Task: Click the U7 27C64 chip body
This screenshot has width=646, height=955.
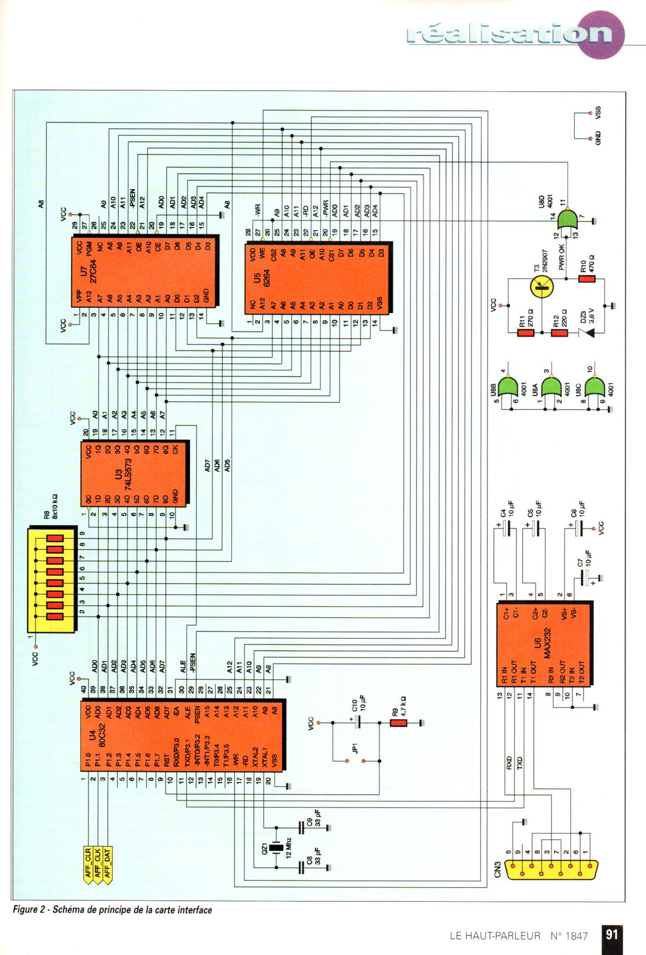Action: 145,271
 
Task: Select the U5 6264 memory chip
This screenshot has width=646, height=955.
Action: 319,277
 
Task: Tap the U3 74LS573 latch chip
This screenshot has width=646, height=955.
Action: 135,473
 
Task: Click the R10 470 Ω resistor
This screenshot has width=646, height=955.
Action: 586,279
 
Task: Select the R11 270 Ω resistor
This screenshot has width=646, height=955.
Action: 525,333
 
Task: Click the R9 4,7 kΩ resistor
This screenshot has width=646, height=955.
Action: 398,722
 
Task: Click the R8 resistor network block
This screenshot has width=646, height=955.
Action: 52,580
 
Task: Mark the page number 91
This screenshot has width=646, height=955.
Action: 612,934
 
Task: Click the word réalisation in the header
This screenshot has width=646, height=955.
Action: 509,34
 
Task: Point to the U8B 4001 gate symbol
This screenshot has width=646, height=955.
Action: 509,386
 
